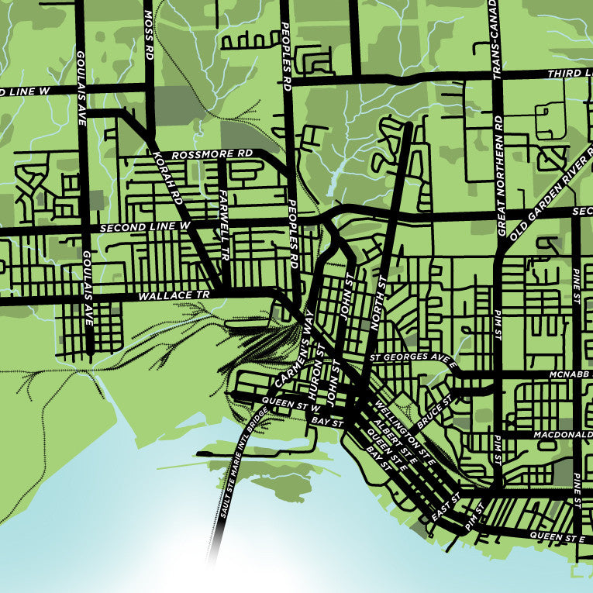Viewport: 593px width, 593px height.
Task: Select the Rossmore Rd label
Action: [x=212, y=154]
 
